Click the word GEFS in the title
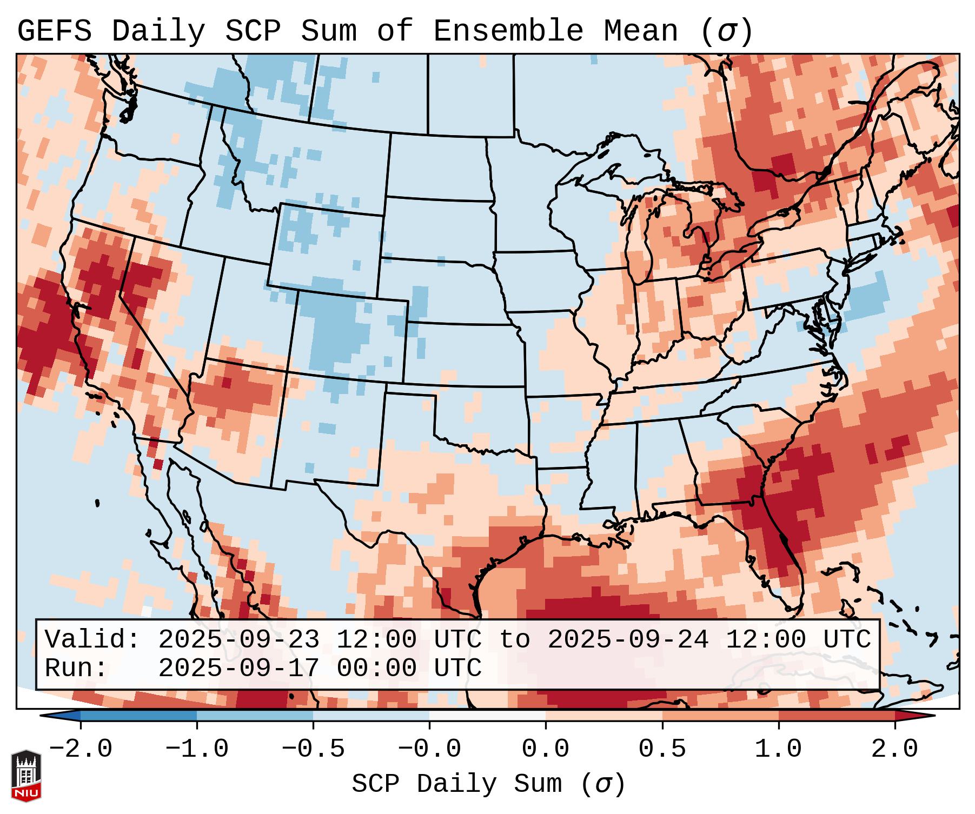click(x=55, y=31)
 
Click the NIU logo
click(x=26, y=775)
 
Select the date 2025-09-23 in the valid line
click(x=238, y=640)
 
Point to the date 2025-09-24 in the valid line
click(x=628, y=640)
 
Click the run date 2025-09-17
click(x=238, y=669)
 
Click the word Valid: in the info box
click(x=92, y=640)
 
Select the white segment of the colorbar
click(x=487, y=716)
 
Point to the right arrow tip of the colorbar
click(x=932, y=716)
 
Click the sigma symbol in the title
click(x=726, y=32)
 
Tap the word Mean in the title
click(x=641, y=31)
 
